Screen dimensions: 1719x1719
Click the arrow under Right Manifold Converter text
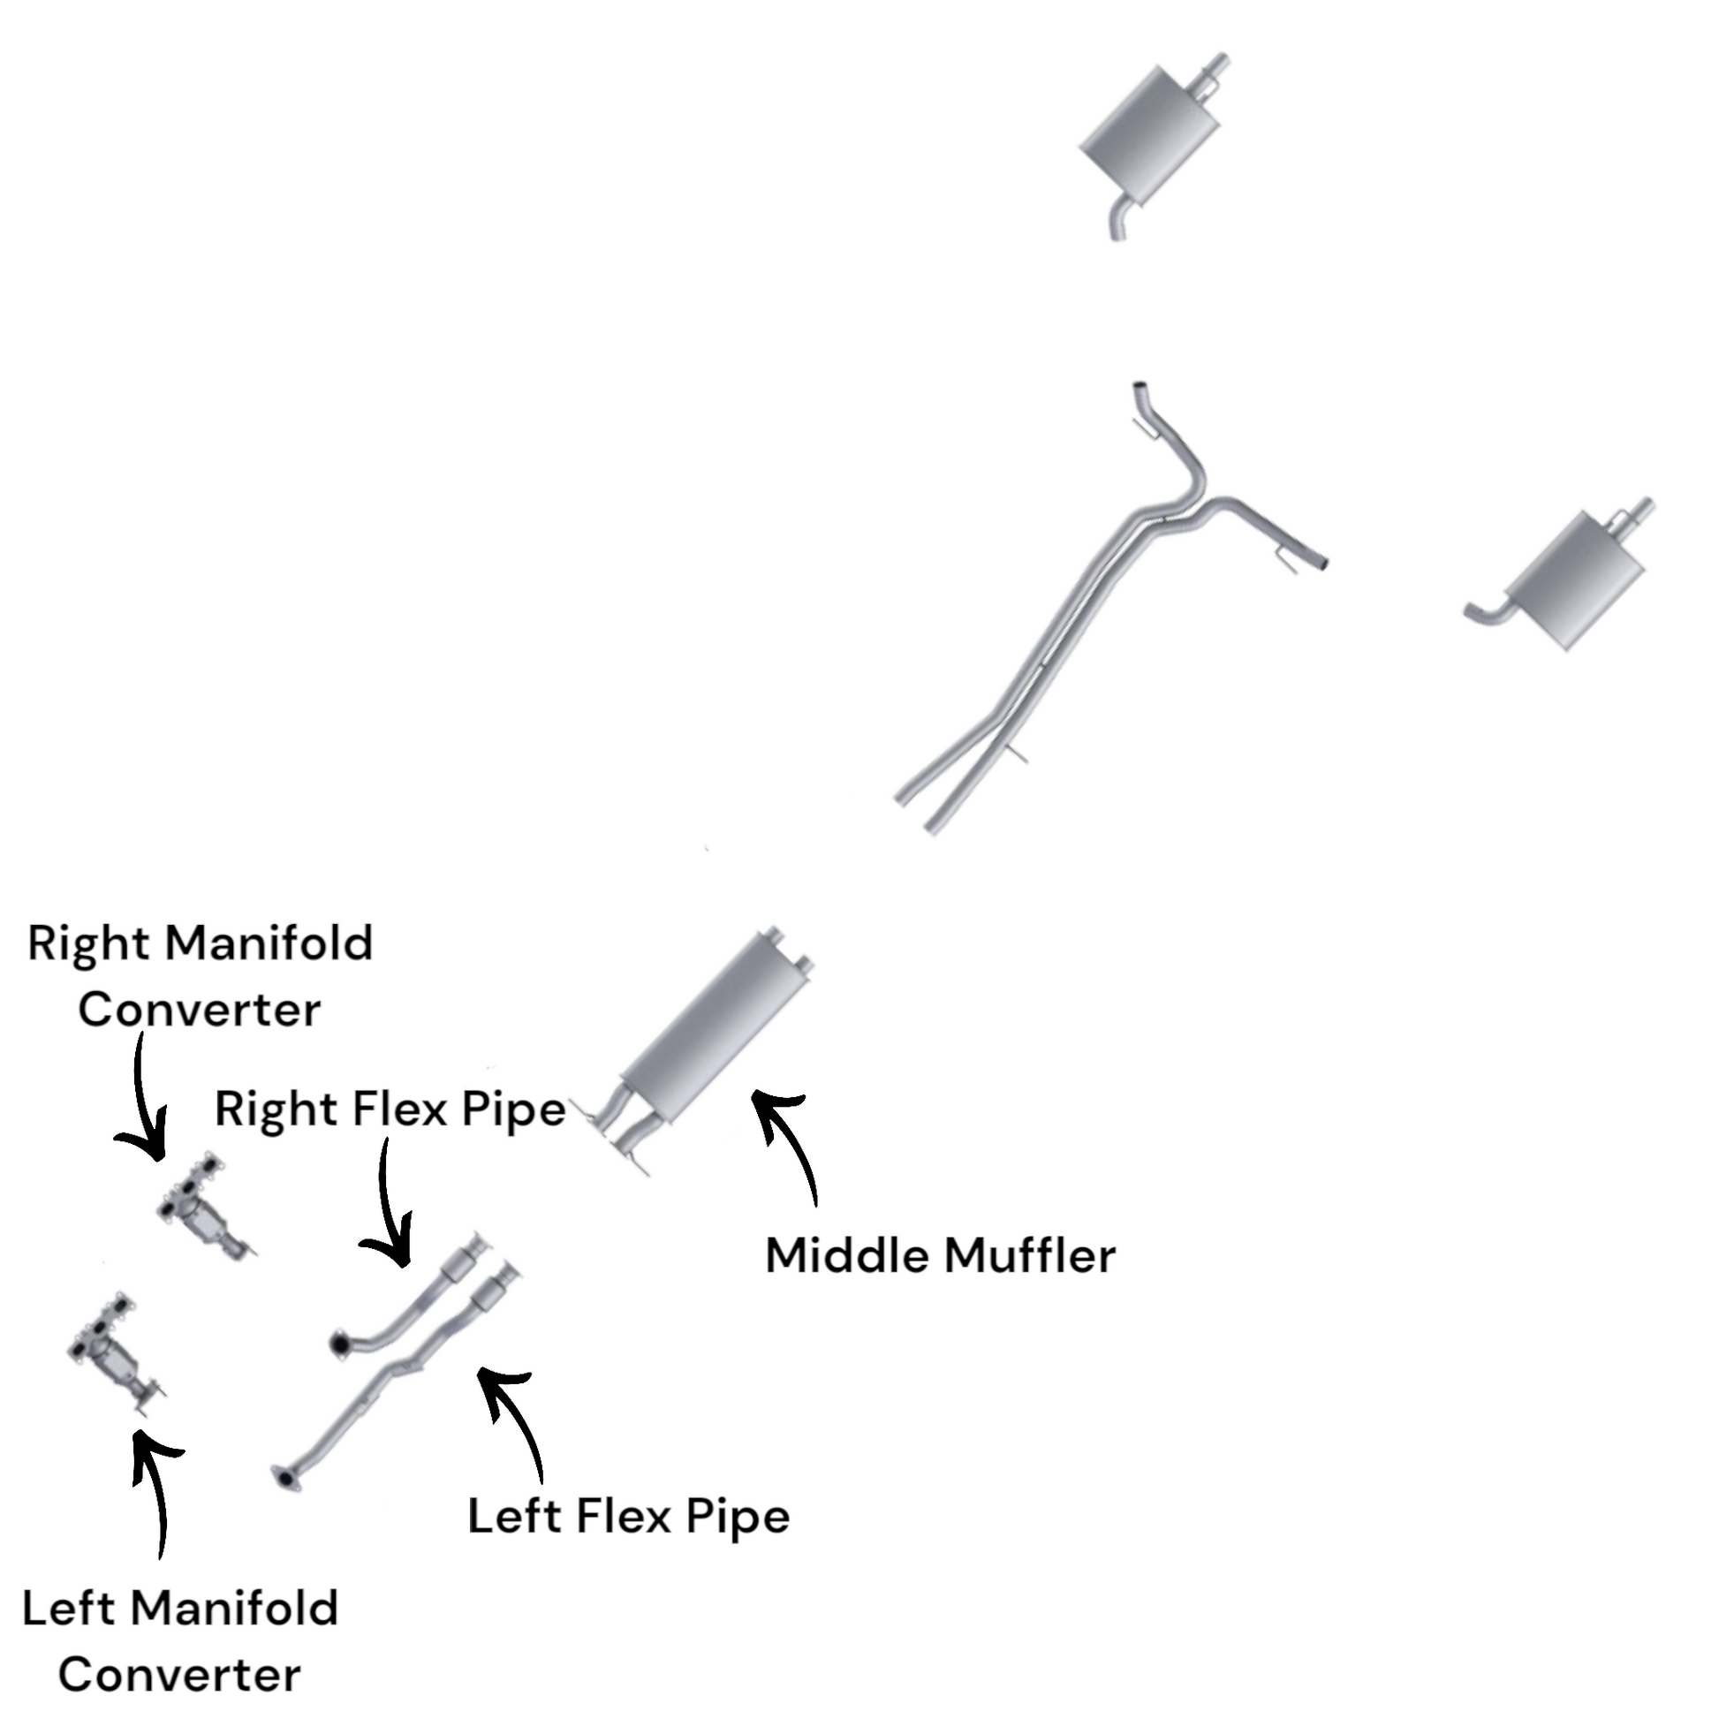click(142, 1103)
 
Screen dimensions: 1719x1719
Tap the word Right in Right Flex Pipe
click(276, 1109)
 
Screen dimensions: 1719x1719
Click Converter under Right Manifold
click(200, 1010)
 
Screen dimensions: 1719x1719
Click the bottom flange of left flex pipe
click(284, 1479)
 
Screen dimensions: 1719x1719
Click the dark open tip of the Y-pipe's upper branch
click(1138, 389)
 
